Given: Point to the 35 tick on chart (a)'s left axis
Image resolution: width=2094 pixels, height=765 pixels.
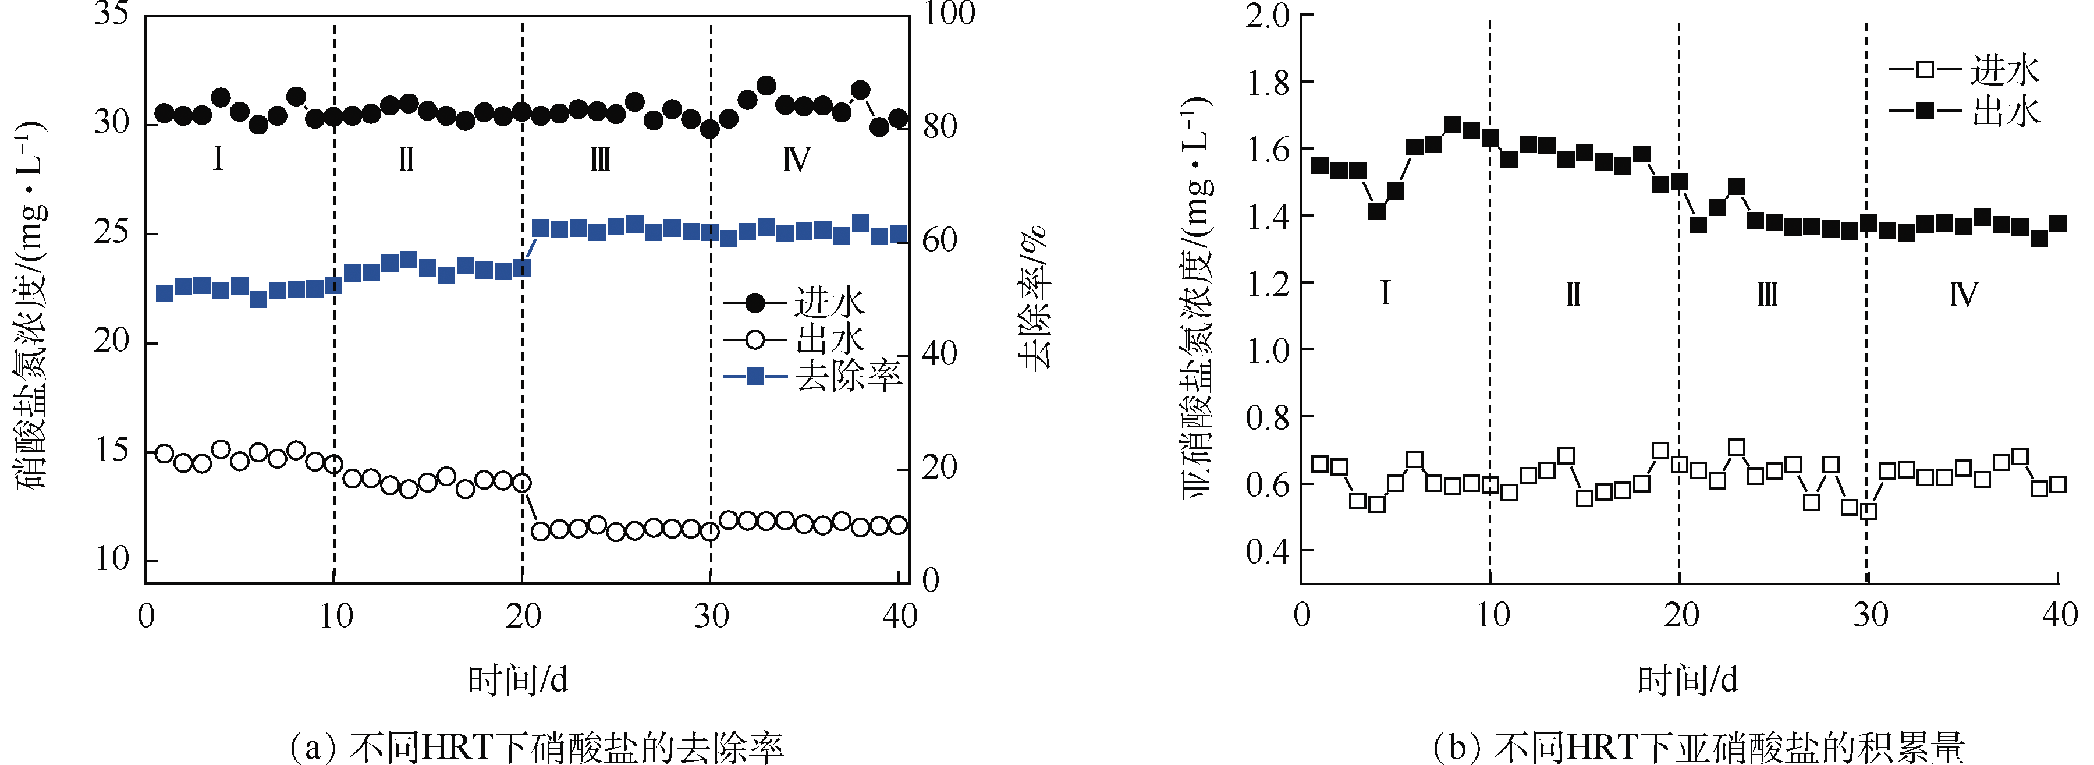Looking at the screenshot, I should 112,14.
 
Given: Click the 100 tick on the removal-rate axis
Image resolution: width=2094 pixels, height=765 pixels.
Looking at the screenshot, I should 949,14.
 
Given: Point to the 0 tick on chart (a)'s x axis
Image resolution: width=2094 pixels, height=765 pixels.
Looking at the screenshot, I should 146,616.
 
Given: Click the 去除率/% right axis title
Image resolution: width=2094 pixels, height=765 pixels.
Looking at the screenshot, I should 1034,297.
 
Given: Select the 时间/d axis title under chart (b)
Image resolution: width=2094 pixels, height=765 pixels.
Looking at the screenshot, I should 1688,679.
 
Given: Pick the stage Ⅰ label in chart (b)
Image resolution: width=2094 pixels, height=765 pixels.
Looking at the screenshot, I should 1385,293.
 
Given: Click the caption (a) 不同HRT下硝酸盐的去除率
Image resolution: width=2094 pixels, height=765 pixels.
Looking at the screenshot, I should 537,746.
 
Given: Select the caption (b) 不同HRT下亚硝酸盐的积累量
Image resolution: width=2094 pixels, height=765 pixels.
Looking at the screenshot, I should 1698,746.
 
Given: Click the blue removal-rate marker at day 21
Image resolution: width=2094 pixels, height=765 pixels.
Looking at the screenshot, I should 541,228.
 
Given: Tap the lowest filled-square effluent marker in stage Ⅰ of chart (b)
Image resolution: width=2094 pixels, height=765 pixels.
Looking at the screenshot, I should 1376,211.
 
